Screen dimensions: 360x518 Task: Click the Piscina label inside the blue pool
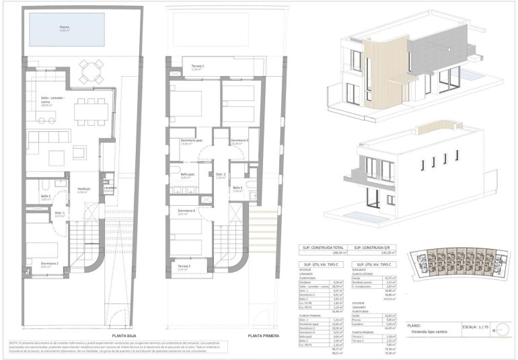click(65, 28)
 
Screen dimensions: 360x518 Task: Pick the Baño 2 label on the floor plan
click(45, 196)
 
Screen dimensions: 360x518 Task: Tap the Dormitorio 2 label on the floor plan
click(49, 264)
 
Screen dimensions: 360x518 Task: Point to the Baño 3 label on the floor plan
click(237, 188)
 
